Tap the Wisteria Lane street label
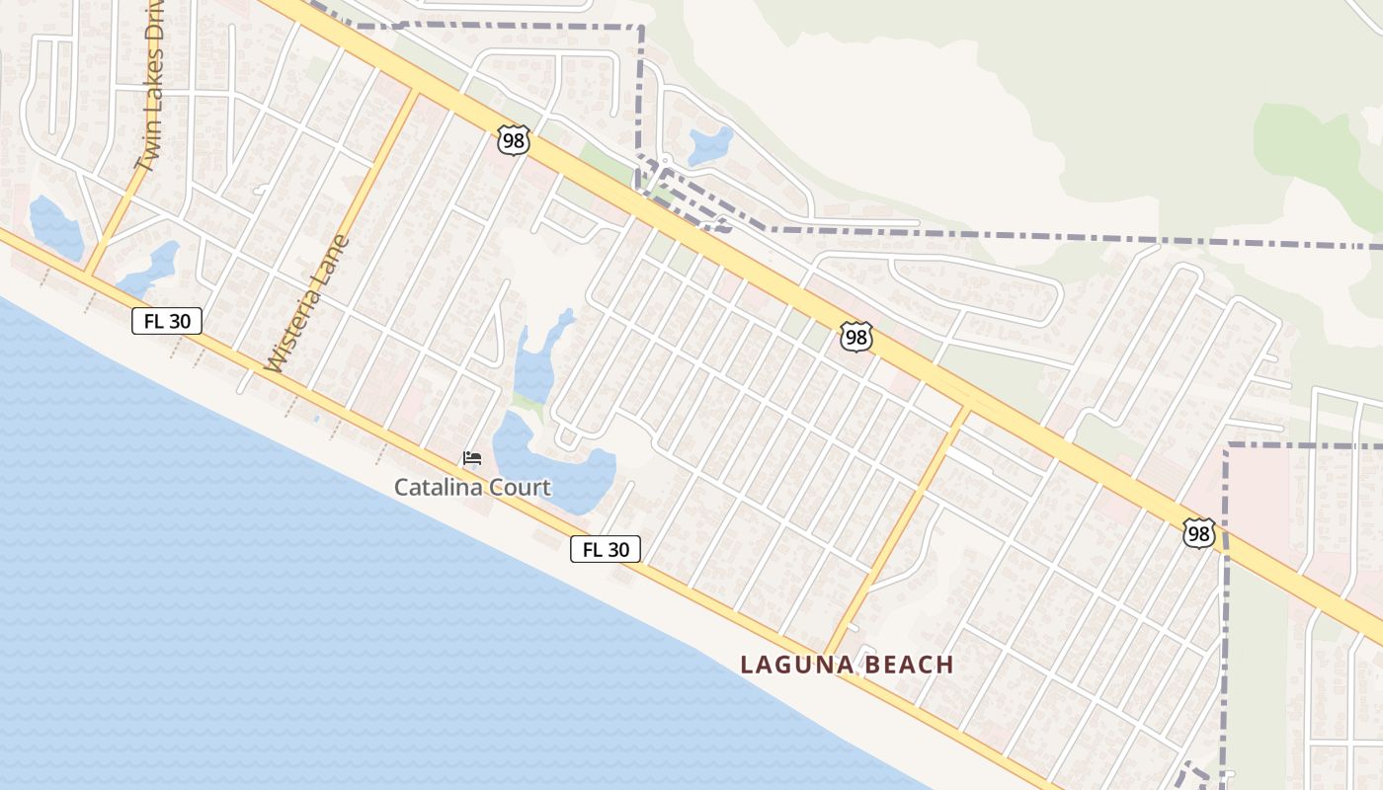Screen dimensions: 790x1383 point(308,304)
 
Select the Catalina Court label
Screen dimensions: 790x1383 point(472,487)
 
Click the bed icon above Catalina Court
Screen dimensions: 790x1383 point(472,458)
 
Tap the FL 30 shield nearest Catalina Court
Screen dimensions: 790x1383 point(606,549)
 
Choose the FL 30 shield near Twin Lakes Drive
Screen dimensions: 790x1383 point(167,321)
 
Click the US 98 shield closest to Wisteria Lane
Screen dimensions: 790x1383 point(514,140)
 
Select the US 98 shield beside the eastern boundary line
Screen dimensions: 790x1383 point(1199,533)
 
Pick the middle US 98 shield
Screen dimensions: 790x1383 point(856,337)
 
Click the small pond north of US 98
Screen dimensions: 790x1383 point(710,145)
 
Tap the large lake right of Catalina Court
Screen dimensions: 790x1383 point(553,464)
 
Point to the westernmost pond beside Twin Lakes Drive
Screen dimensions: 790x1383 point(54,227)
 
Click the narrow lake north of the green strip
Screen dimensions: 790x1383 point(536,360)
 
